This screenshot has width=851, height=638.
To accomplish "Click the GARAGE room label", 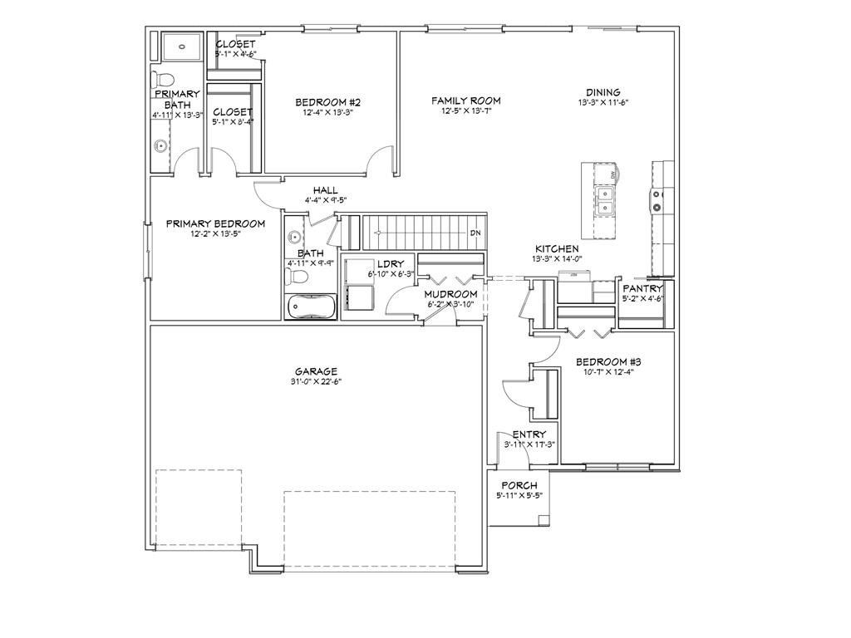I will (316, 371).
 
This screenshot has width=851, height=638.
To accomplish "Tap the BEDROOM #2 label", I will (327, 102).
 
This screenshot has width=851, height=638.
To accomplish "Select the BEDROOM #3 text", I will (608, 361).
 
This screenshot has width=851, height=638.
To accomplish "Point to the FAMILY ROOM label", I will (465, 101).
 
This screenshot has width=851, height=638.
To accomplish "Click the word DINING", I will (603, 92).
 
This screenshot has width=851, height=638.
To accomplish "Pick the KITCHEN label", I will (557, 248).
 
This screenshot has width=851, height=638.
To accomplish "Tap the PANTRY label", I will (642, 289).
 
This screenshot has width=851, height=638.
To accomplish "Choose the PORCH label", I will (519, 485).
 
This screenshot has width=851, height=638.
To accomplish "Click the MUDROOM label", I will (450, 294).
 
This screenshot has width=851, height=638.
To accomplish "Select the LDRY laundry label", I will (390, 264).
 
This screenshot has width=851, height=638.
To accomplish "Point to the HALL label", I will (325, 190).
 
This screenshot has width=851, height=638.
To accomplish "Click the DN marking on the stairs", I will (475, 233).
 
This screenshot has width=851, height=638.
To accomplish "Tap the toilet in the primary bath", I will (162, 81).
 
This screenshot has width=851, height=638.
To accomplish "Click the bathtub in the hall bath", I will (310, 307).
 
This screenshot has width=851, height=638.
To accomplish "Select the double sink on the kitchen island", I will (606, 199).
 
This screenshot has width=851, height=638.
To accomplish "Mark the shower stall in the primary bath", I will (177, 47).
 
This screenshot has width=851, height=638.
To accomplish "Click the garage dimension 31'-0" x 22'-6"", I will (316, 382).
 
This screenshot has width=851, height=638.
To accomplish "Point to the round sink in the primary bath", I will (160, 147).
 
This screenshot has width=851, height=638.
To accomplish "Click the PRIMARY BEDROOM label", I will (215, 223).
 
